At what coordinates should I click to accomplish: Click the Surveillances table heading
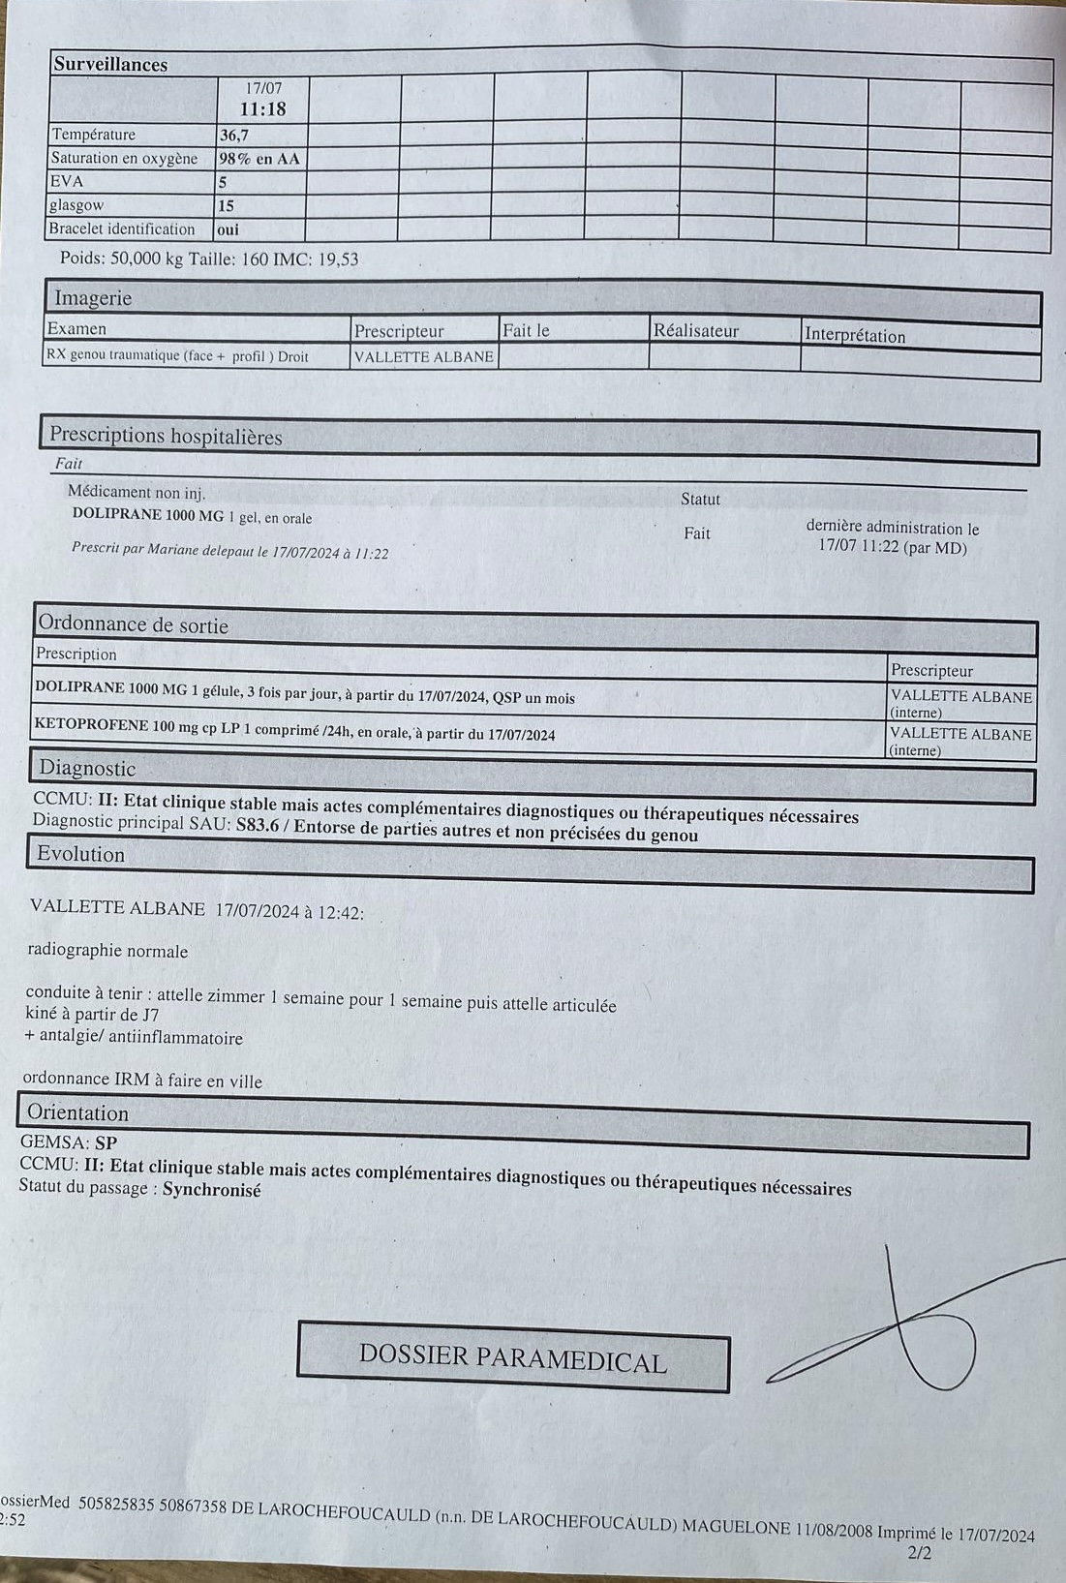pos(110,65)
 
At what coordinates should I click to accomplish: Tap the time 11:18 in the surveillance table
pos(262,109)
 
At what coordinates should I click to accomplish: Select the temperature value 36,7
pos(234,136)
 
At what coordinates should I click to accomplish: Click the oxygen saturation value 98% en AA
pos(259,159)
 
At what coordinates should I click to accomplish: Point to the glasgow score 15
pos(226,205)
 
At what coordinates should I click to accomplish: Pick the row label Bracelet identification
pos(122,229)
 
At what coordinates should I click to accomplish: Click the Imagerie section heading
pos(93,298)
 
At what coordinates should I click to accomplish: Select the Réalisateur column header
pos(695,331)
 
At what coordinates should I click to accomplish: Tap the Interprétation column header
pos(854,336)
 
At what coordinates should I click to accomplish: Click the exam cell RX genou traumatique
pos(176,356)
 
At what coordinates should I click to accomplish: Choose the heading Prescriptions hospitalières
pos(166,436)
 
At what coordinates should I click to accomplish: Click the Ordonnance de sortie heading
pos(134,625)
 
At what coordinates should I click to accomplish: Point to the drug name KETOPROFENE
pos(91,723)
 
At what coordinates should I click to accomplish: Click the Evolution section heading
pos(80,854)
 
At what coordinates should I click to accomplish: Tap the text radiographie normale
pos(107,951)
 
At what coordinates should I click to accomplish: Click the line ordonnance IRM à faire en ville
pos(142,1081)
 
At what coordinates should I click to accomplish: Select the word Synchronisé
pos(211,1189)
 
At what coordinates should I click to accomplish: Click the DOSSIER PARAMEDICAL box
pos(513,1356)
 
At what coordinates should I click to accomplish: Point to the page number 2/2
pos(919,1553)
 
